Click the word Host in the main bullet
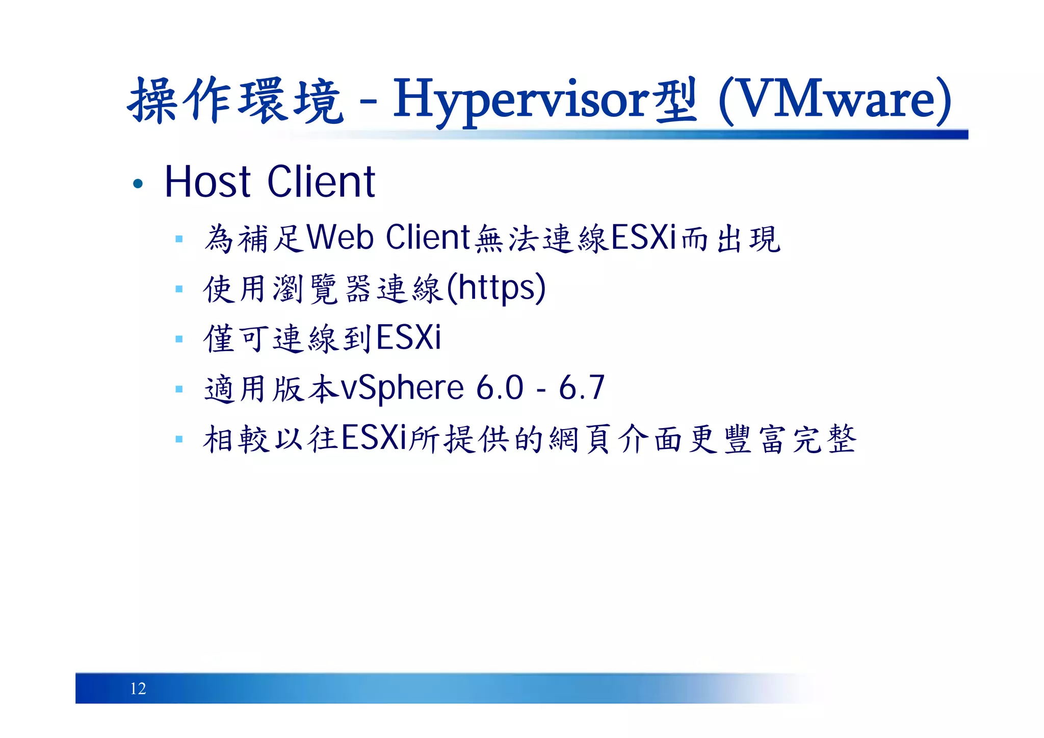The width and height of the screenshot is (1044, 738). click(x=207, y=182)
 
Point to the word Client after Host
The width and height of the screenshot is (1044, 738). click(x=321, y=182)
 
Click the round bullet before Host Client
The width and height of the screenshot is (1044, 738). click(x=138, y=183)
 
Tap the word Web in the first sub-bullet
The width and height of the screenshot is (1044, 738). click(x=340, y=238)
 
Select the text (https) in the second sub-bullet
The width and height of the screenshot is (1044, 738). click(x=496, y=288)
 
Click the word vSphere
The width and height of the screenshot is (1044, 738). click(x=402, y=388)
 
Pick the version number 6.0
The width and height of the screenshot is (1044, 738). click(x=500, y=388)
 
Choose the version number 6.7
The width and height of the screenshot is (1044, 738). click(x=582, y=388)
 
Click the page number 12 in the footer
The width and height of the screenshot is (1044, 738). click(x=138, y=689)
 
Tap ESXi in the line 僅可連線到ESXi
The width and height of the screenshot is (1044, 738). click(x=409, y=338)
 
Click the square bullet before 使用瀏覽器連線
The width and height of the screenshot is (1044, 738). click(x=179, y=289)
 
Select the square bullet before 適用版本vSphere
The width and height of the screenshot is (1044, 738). click(x=179, y=389)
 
